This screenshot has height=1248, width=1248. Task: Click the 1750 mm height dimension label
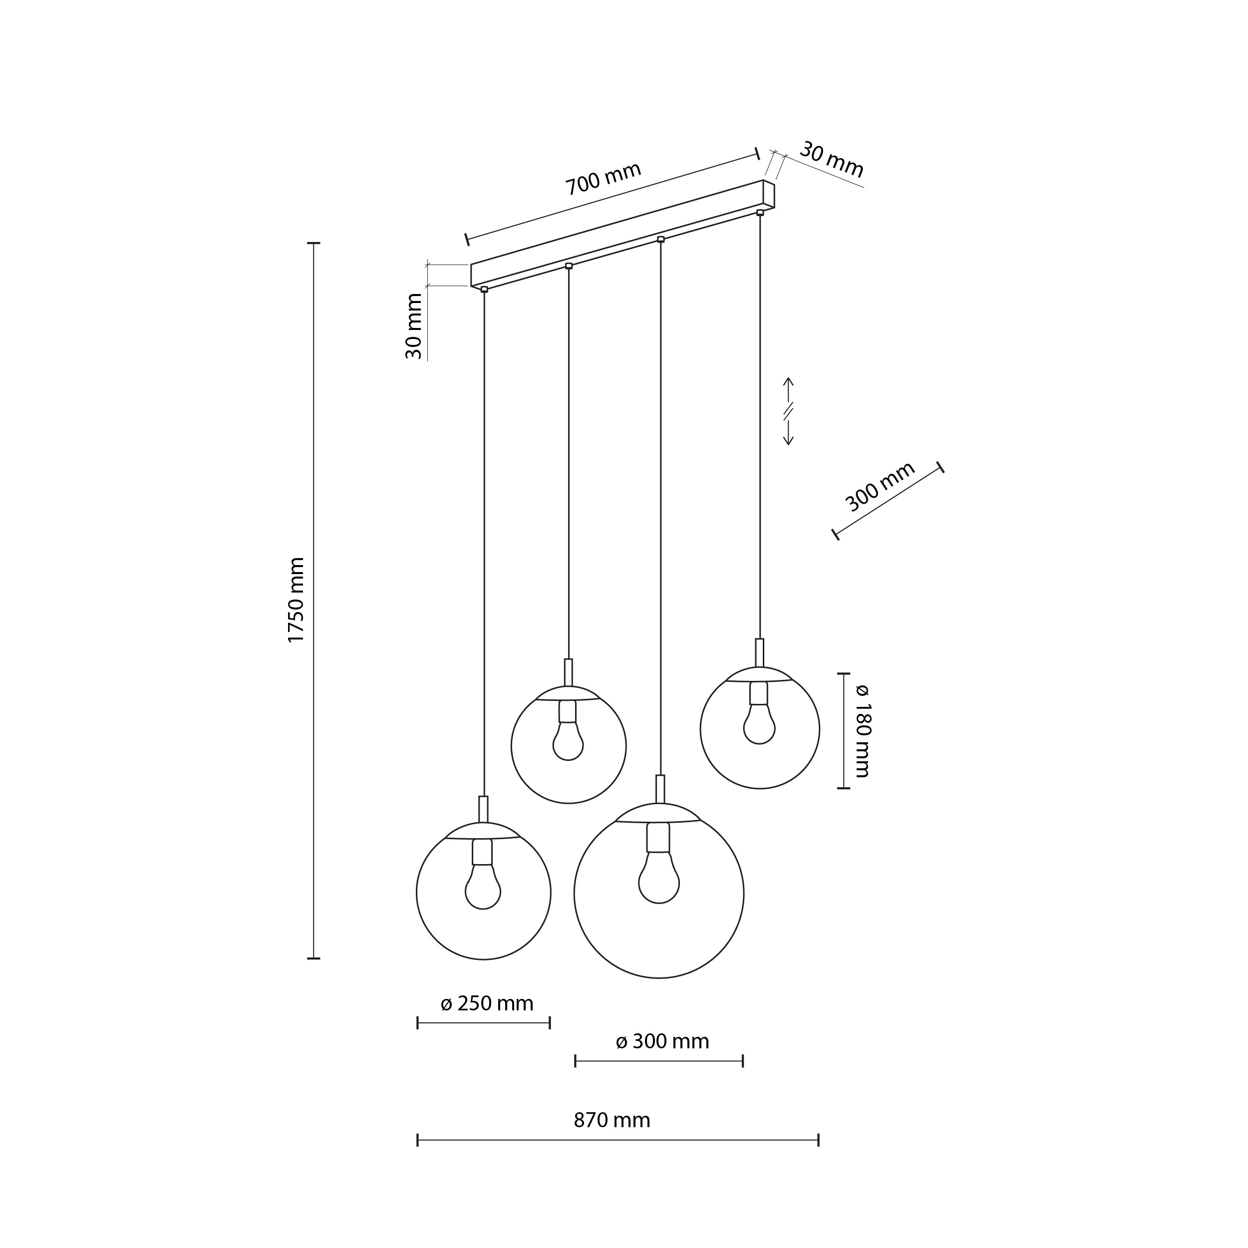point(297,600)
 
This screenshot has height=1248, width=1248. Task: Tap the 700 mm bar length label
point(604,178)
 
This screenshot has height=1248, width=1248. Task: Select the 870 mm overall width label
point(612,1119)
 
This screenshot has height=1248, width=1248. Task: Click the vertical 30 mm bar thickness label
point(413,326)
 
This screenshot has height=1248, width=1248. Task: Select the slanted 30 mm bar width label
point(831,160)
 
